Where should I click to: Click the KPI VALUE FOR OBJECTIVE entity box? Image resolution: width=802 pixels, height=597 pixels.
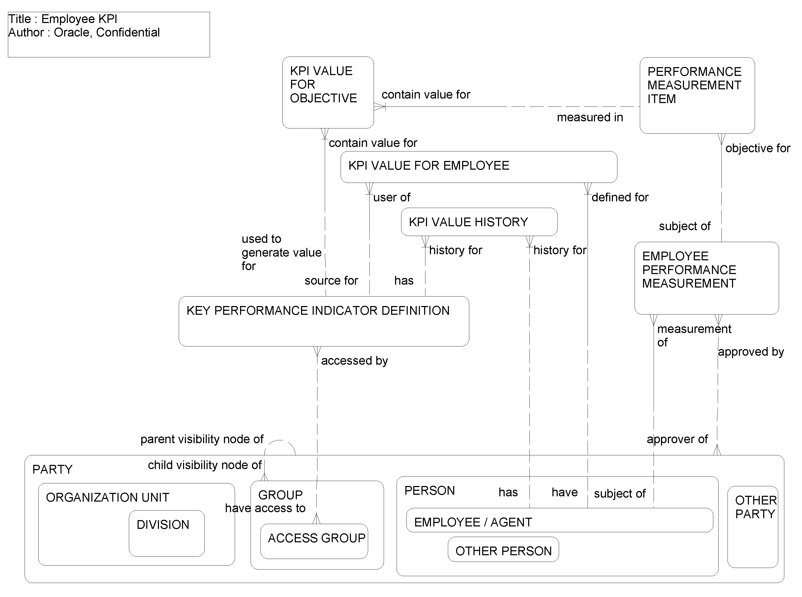click(x=327, y=92)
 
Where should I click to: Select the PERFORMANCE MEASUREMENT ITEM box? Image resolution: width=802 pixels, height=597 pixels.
click(x=697, y=95)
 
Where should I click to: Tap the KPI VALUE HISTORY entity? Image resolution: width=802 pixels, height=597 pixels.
click(x=479, y=222)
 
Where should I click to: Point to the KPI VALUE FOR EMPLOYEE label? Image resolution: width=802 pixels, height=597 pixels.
click(x=429, y=165)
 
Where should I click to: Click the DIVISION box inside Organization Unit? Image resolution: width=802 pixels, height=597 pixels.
click(x=166, y=533)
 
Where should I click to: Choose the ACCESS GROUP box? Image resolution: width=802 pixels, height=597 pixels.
click(x=314, y=541)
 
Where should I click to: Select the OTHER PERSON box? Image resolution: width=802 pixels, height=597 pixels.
click(x=503, y=551)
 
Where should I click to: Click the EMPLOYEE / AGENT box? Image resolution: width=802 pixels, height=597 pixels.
click(x=559, y=520)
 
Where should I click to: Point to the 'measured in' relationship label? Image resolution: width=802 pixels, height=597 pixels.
click(x=590, y=117)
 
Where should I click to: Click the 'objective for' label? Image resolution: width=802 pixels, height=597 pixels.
click(x=758, y=148)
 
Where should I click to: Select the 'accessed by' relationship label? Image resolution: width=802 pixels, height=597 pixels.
click(x=354, y=361)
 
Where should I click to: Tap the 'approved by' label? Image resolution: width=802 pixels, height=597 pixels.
click(x=751, y=352)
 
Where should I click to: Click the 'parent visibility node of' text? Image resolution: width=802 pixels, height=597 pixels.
click(x=202, y=439)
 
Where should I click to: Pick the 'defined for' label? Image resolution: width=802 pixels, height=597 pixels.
click(x=620, y=197)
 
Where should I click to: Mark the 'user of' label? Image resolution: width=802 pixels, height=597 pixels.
click(x=391, y=197)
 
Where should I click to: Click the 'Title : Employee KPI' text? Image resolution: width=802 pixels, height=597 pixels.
click(x=63, y=19)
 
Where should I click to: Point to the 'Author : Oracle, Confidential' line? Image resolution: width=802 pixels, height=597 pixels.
click(x=84, y=33)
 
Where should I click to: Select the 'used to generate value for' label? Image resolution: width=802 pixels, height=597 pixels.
click(x=281, y=252)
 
